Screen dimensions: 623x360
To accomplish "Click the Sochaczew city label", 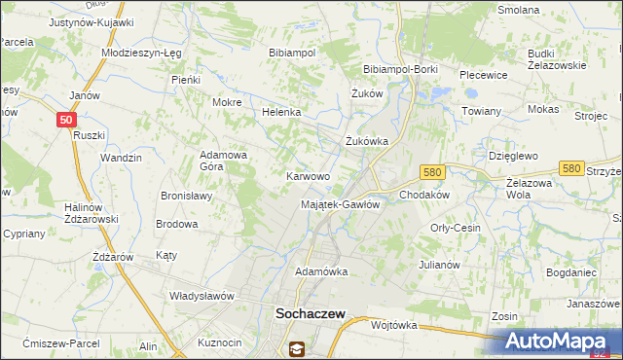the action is coord(304,315).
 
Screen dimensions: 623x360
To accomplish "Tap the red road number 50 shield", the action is coord(65,119).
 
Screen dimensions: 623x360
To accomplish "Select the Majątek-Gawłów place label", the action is coord(340,204).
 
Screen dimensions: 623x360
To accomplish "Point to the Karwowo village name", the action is coord(307,176).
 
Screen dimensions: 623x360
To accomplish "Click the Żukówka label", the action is coord(367,141).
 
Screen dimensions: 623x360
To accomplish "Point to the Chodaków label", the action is coord(423,195).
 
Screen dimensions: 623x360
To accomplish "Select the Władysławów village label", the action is coord(203,295).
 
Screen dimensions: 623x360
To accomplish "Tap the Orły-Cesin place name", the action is coord(456,228).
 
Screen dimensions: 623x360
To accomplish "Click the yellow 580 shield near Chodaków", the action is coord(433,171).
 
